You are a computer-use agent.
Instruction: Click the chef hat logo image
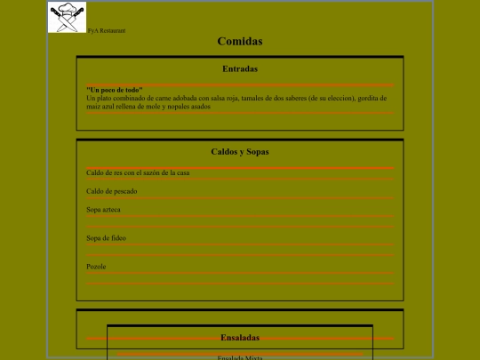pos(68,18)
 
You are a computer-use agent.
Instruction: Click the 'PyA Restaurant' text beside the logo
pos(106,30)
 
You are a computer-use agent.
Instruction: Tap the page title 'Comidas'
pos(240,41)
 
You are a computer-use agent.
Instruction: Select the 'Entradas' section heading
pos(240,68)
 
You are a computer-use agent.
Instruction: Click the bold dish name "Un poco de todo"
pos(115,90)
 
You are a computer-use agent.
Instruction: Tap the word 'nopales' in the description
pos(174,106)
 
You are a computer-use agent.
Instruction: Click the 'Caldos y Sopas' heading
pos(240,151)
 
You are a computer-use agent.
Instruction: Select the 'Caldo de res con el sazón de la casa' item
pos(138,172)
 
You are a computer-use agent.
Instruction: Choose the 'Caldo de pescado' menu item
pos(112,191)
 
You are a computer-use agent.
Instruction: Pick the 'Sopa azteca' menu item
pos(103,210)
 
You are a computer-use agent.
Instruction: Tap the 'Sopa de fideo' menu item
pos(106,238)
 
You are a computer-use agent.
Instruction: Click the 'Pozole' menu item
pos(96,267)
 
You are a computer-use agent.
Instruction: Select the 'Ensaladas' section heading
pos(240,338)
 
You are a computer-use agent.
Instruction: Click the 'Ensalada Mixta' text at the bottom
pos(240,356)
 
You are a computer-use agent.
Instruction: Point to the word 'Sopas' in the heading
pos(257,151)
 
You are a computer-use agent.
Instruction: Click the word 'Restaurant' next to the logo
pos(112,30)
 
